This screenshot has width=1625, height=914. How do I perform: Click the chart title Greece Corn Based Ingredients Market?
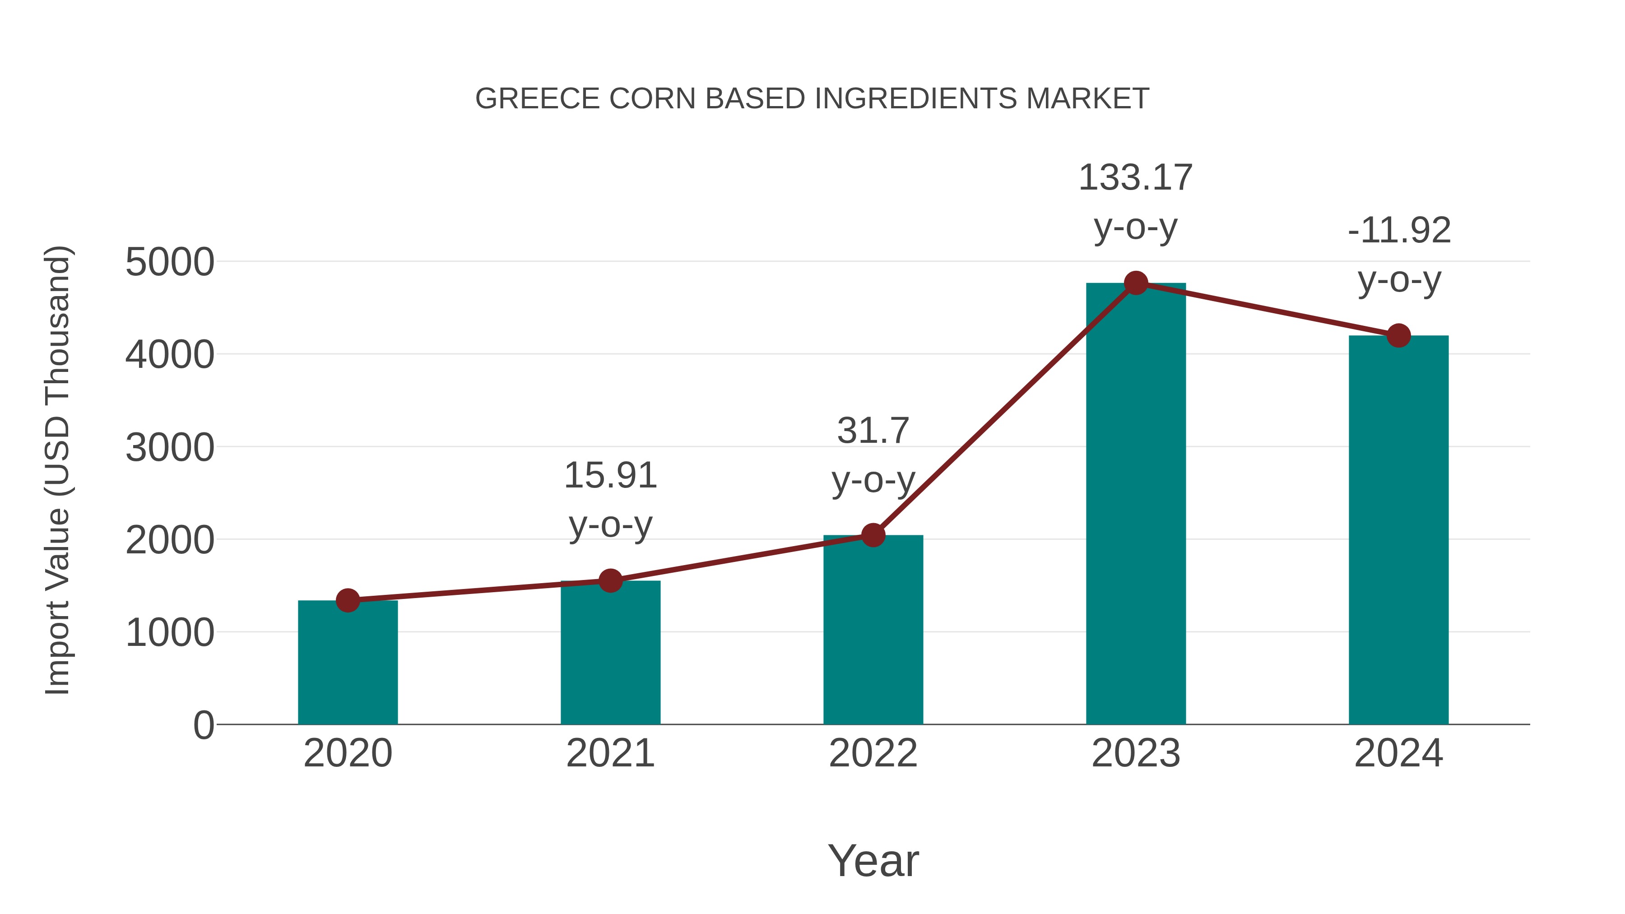[x=812, y=99]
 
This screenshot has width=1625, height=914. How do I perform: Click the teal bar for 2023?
[x=1136, y=505]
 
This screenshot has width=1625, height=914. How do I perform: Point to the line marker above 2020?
[x=348, y=600]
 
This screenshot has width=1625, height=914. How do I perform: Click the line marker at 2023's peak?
[x=1136, y=283]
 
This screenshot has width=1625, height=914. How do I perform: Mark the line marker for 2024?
[x=1398, y=335]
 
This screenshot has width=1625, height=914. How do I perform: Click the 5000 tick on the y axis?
[x=170, y=262]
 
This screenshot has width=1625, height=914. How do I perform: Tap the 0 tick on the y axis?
[x=203, y=725]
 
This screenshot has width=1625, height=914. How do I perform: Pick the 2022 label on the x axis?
[x=873, y=754]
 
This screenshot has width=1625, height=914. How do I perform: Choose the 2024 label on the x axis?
[x=1398, y=754]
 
